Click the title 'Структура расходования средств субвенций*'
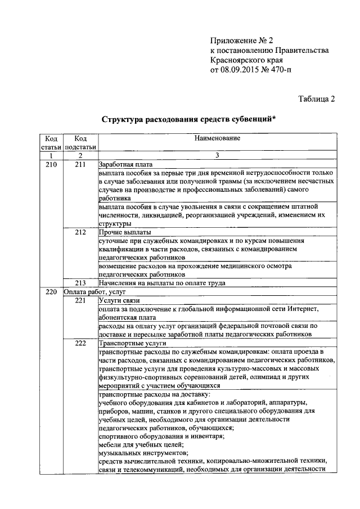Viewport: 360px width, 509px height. tap(189, 120)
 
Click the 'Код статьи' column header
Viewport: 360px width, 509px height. tap(51, 143)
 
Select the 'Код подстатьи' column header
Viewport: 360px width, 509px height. tap(80, 143)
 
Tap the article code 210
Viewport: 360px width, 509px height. tap(51, 164)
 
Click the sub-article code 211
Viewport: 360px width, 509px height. tap(80, 164)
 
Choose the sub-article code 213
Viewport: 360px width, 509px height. tap(80, 283)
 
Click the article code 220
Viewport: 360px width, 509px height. tap(51, 292)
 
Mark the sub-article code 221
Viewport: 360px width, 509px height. tap(80, 300)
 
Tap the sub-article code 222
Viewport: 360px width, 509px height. tap(80, 343)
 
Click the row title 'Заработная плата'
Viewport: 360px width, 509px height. tap(125, 164)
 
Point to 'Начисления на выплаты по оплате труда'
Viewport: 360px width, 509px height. tap(162, 283)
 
